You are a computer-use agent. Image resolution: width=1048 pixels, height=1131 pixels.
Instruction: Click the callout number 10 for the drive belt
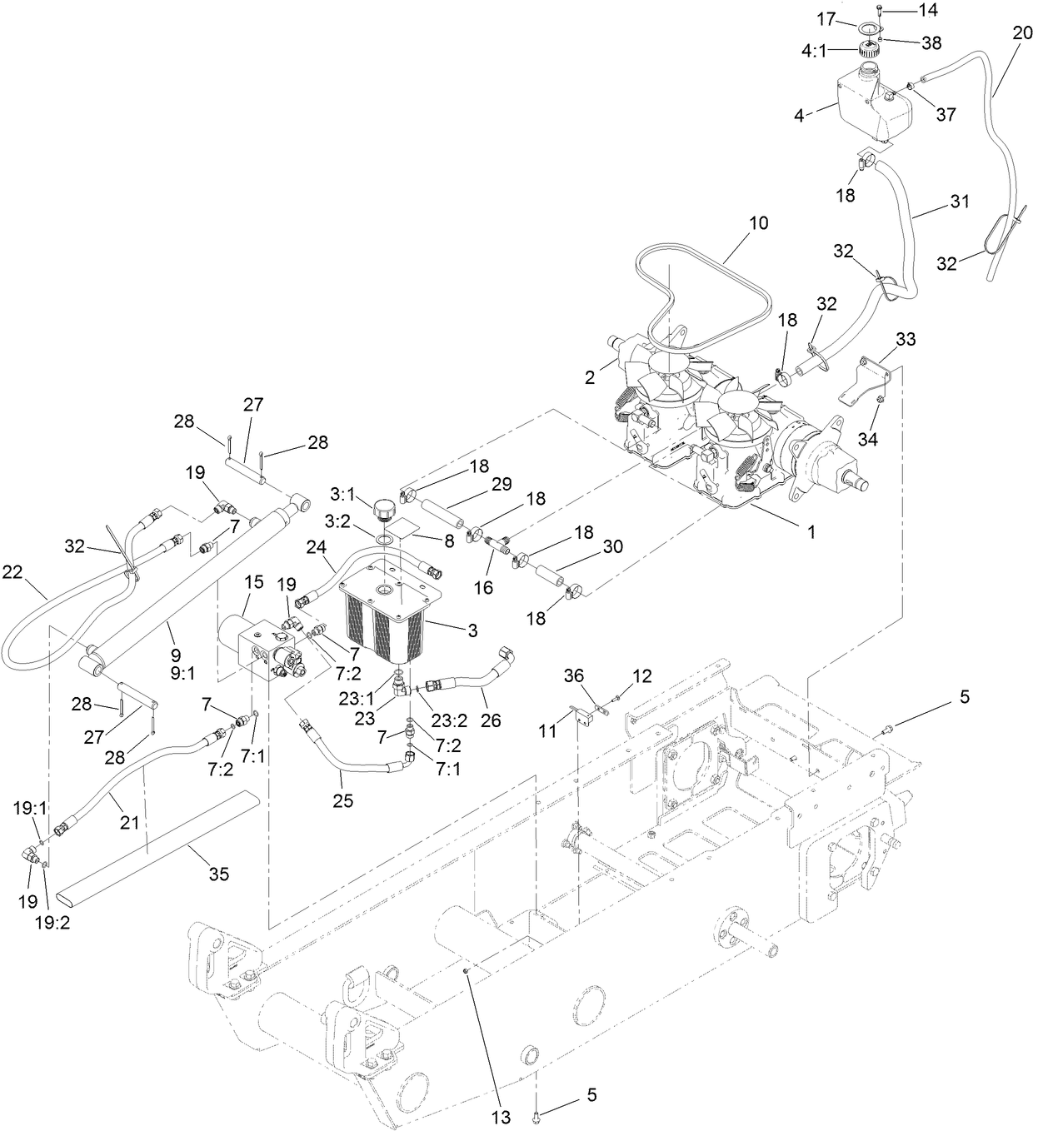pyautogui.click(x=758, y=223)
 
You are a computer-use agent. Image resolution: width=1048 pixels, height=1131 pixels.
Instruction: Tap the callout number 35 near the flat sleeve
pyautogui.click(x=219, y=874)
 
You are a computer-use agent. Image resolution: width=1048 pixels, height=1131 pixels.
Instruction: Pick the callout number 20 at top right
pyautogui.click(x=1021, y=33)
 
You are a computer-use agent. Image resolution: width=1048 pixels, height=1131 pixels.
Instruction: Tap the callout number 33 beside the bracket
pyautogui.click(x=906, y=339)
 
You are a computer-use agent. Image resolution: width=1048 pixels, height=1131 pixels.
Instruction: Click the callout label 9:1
pyautogui.click(x=182, y=672)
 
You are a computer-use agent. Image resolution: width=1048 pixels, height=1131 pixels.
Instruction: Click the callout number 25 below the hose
pyautogui.click(x=342, y=801)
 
